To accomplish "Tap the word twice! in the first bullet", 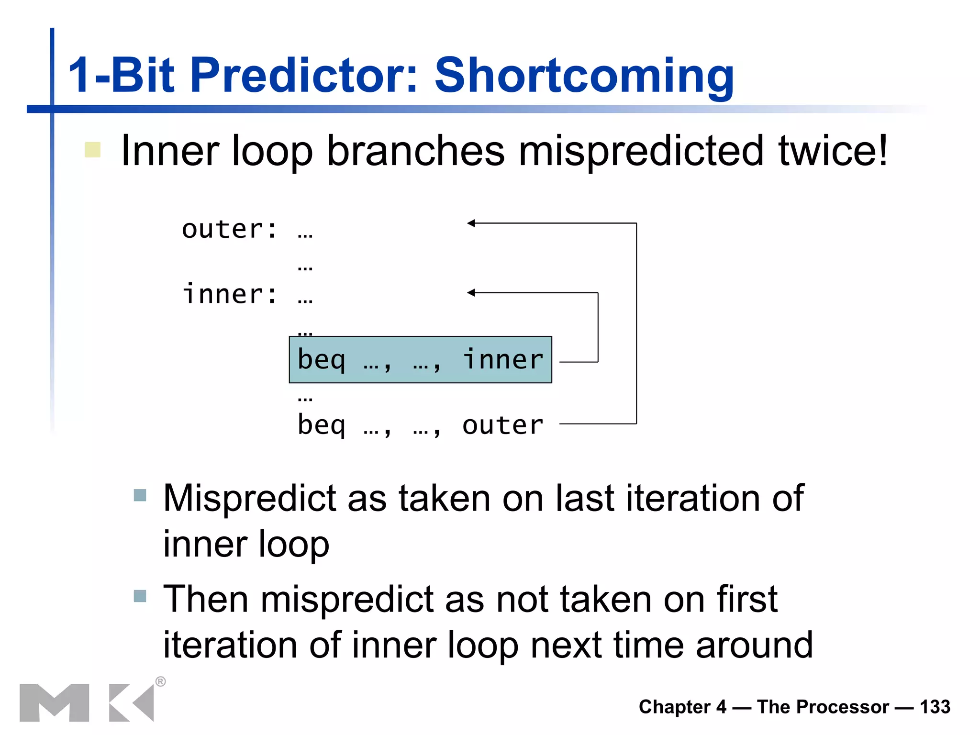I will click(833, 151).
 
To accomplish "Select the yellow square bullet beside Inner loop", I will click(92, 150).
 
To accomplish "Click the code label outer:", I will click(229, 229).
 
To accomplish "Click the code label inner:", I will click(229, 294).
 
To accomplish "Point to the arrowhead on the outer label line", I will click(471, 223).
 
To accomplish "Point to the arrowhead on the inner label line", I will click(471, 292).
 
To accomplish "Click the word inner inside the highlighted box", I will click(502, 360).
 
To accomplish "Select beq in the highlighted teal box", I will click(321, 360).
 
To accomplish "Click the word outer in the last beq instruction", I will click(502, 425).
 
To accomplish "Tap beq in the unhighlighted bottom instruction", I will click(321, 425).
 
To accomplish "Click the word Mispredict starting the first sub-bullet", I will click(250, 499).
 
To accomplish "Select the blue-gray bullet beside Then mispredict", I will click(140, 596).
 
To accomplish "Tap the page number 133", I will click(935, 707).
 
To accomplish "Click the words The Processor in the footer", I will click(823, 707).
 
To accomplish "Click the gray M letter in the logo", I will click(54, 702).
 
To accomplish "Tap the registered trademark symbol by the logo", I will click(161, 681).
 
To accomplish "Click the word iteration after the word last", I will click(693, 499).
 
